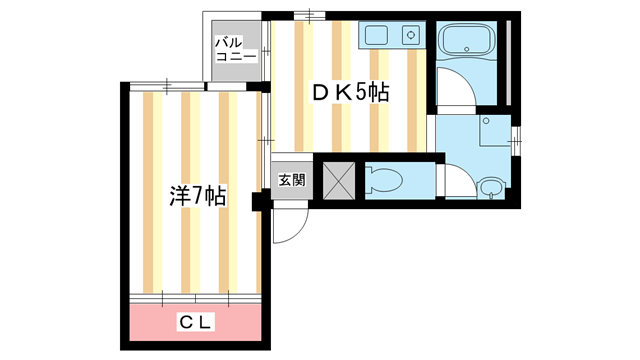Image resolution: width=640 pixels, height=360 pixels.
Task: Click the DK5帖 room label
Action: [349, 93]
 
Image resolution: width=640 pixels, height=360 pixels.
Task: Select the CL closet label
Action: [195, 323]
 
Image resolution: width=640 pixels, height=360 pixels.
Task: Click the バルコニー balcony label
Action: [236, 50]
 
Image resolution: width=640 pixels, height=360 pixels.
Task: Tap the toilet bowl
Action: [386, 181]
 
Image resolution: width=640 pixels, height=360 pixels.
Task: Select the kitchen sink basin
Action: [377, 36]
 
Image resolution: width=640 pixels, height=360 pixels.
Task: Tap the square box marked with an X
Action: [335, 181]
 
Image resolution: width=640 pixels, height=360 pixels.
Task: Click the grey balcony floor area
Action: [236, 70]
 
